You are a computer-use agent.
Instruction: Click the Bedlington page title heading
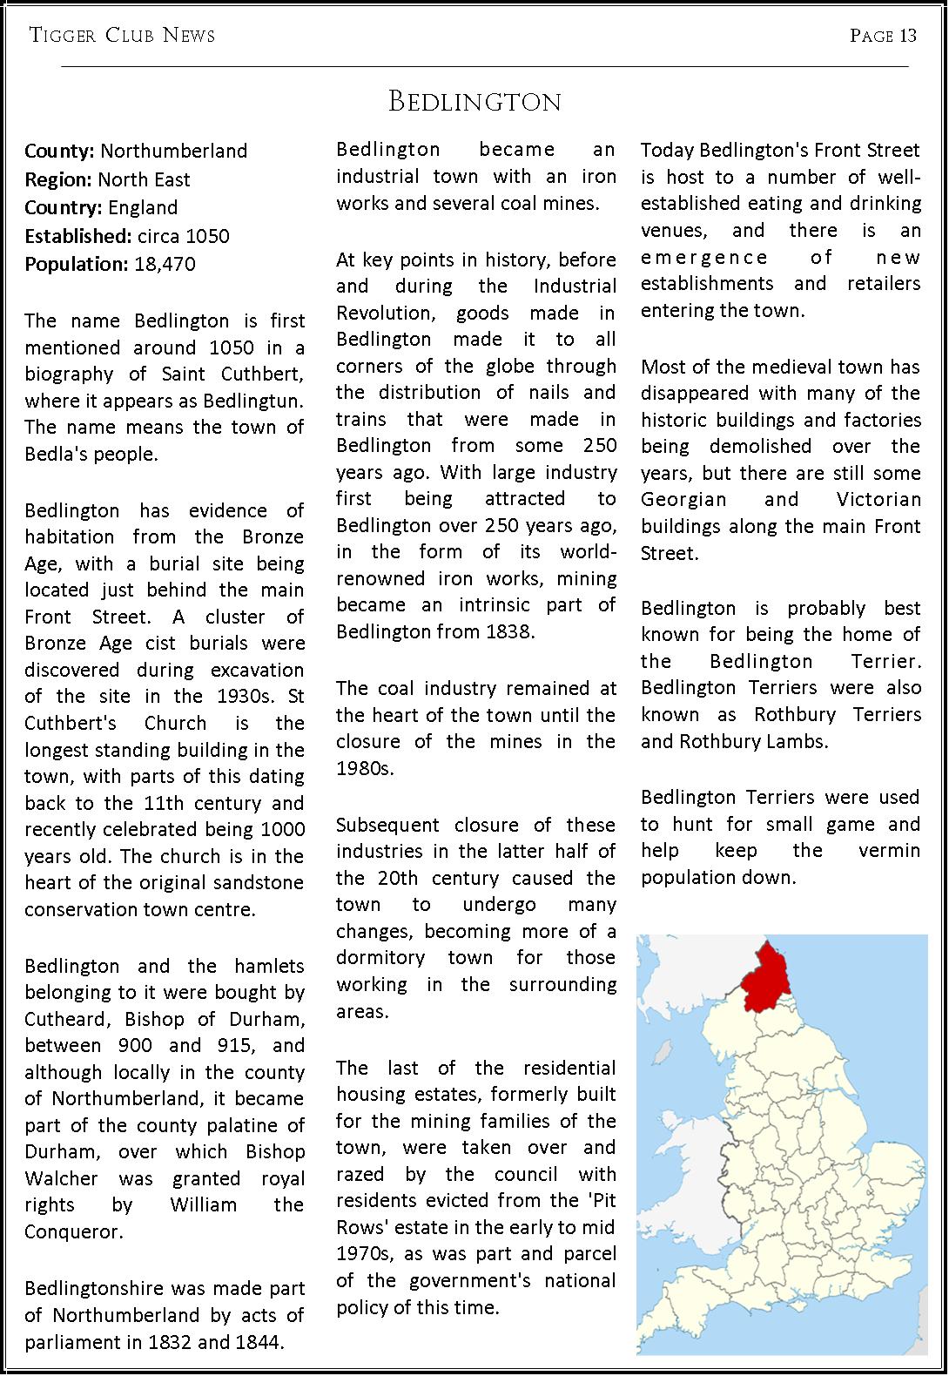pyautogui.click(x=474, y=102)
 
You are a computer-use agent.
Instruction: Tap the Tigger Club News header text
pyautogui.click(x=122, y=36)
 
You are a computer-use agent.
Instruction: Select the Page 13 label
pyautogui.click(x=883, y=36)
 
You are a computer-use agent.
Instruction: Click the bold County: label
pyautogui.click(x=59, y=151)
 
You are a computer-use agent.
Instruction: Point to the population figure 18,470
pyautogui.click(x=165, y=264)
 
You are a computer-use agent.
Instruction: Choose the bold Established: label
pyautogui.click(x=77, y=236)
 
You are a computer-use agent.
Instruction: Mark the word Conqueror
pyautogui.click(x=73, y=1231)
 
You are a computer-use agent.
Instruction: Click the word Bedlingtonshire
pyautogui.click(x=97, y=1288)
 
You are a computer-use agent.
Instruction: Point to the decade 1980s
pyautogui.click(x=364, y=768)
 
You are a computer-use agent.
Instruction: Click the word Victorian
pyautogui.click(x=878, y=499)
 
